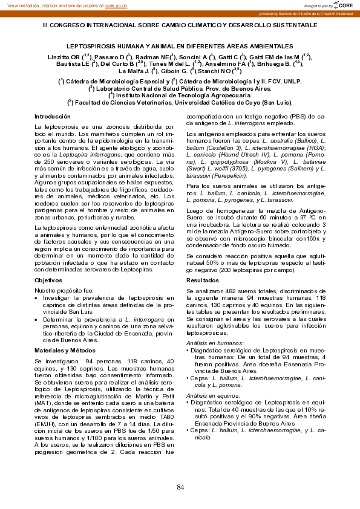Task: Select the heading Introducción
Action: coord(53,116)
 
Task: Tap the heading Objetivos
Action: coord(48,280)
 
